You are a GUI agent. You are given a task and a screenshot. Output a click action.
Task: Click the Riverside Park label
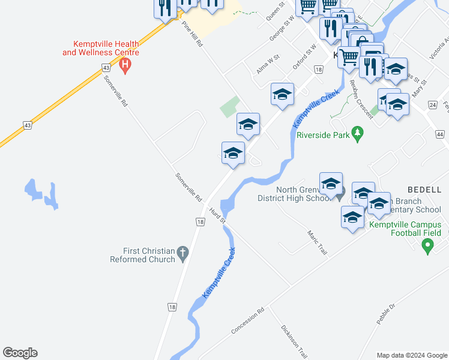tap(323, 135)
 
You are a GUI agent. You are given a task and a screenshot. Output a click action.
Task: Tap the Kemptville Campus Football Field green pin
tap(427, 245)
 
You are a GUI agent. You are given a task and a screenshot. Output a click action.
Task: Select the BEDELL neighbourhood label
tap(424, 190)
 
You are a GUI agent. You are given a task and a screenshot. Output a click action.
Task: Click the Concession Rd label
tap(248, 322)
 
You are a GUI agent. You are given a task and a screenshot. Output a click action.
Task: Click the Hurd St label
tap(217, 215)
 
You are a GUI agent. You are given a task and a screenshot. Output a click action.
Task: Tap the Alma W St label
tap(268, 63)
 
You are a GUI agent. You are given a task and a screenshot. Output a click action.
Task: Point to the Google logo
tap(20, 353)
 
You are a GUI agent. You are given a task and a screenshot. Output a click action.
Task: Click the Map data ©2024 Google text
tap(412, 355)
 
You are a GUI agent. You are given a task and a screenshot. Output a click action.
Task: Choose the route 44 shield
tap(441, 134)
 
